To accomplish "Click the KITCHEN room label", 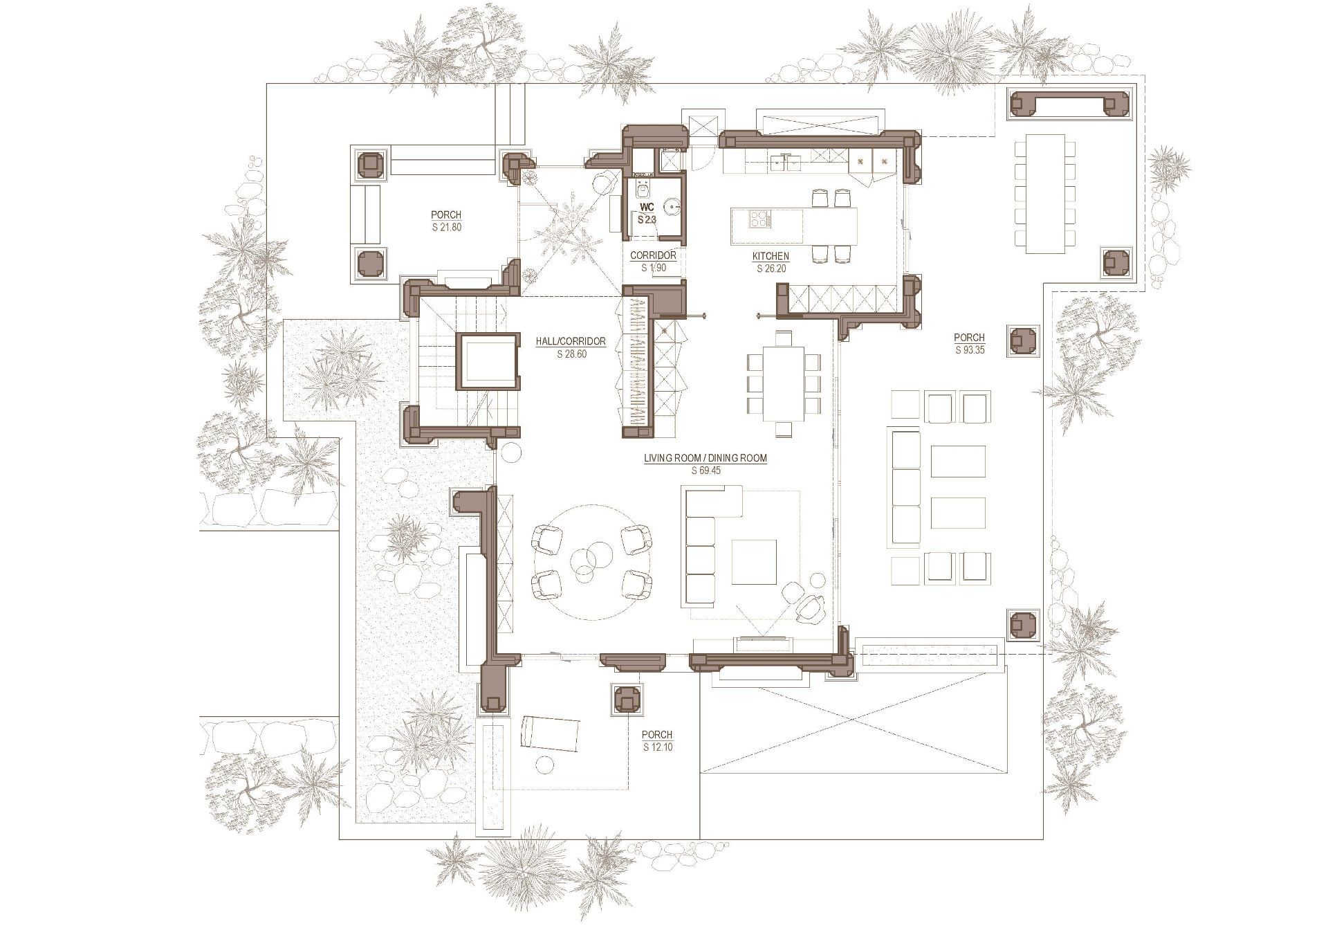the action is point(771,256).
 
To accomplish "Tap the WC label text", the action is point(647,207).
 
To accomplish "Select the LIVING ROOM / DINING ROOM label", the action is point(705,458).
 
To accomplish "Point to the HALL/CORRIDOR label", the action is point(571,341).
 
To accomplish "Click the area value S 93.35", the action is point(970,350).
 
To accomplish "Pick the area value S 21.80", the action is point(446,227).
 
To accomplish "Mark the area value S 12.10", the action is point(657,747).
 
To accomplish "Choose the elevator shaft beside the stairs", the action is point(488,361).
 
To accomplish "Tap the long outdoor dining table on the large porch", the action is point(1045,194).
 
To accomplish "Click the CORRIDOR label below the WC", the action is point(653,255).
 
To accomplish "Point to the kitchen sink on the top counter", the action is point(786,163).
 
